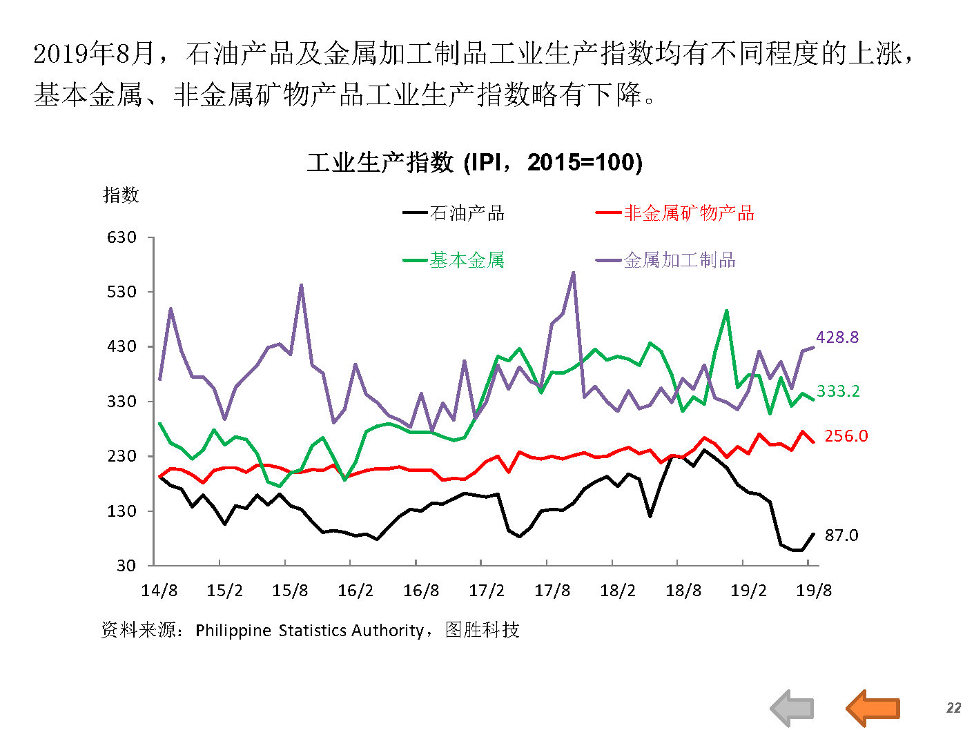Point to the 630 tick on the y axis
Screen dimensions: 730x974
pos(121,237)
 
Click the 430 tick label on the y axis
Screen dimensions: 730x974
pos(121,346)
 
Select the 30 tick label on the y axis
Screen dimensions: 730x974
pos(126,566)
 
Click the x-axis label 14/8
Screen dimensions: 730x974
pos(159,591)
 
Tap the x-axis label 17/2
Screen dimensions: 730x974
pos(487,591)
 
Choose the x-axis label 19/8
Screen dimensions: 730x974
pos(814,591)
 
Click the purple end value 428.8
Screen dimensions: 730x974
pos(837,337)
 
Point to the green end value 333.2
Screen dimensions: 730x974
pos(838,391)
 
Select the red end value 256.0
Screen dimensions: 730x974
pos(846,436)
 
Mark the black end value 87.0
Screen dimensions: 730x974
pos(841,535)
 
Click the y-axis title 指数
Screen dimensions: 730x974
pos(121,195)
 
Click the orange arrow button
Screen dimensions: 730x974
pos(873,707)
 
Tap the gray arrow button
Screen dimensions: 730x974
pos(792,707)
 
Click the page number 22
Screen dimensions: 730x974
pos(953,708)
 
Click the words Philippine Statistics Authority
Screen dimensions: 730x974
pos(309,631)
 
